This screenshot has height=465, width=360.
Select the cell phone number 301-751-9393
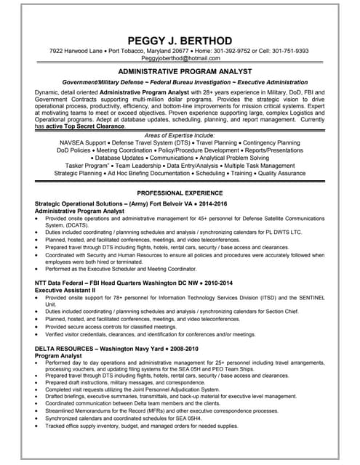pos(284,52)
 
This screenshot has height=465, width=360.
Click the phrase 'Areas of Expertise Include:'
pos(179,136)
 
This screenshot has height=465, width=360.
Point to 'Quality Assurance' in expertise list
pos(280,174)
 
